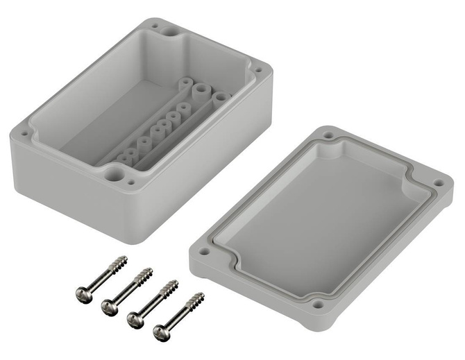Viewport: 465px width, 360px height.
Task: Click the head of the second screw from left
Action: (110, 305)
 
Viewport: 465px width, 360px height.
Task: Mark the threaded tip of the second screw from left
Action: (145, 274)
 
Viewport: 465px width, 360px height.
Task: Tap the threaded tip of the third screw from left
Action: (171, 286)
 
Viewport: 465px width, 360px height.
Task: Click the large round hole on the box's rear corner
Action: (169, 31)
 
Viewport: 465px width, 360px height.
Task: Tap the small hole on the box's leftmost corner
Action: (25, 130)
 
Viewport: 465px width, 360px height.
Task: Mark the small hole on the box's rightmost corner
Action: (258, 70)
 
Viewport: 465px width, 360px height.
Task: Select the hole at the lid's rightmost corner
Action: (438, 183)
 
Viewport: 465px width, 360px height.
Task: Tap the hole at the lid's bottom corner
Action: (318, 303)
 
